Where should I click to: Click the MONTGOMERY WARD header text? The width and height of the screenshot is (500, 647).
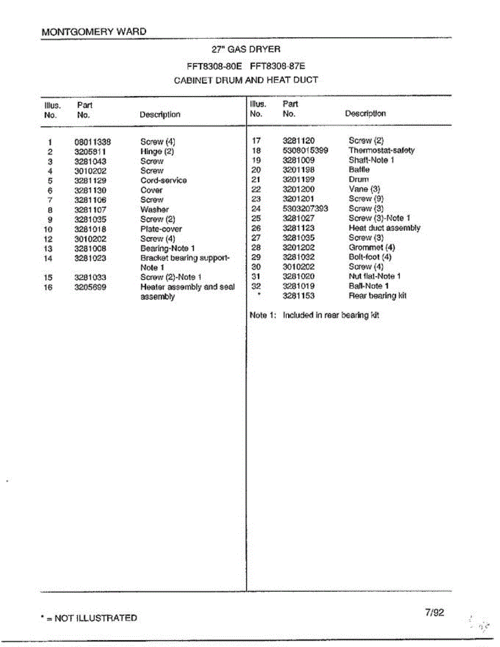94,32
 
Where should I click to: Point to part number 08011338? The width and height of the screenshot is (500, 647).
92,142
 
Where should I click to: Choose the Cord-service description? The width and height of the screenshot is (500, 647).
163,181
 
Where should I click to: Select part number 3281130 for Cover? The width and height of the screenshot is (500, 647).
90,190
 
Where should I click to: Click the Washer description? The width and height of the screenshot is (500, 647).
154,210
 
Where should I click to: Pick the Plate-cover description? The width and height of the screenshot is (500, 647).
161,229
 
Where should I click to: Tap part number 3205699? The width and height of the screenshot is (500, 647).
90,287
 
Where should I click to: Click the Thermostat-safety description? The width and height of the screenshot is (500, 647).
381,150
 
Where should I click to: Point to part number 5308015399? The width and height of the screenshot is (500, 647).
305,150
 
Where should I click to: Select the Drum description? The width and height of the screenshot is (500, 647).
359,180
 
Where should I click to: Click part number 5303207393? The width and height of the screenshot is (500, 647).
305,209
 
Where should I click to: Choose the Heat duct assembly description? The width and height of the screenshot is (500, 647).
384,228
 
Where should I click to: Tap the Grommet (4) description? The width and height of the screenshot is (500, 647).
372,247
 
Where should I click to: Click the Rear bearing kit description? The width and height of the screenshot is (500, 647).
378,296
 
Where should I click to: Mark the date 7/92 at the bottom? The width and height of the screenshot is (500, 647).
434,612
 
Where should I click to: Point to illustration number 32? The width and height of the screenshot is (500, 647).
256,286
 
